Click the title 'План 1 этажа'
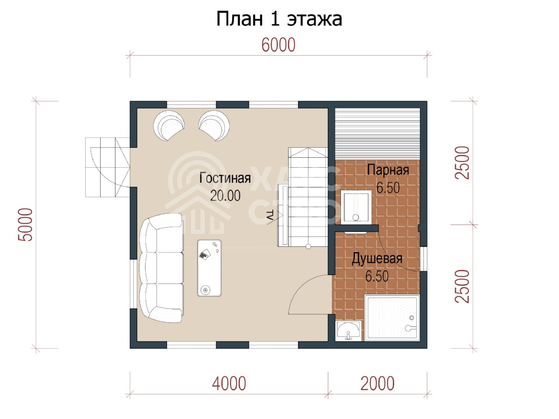tap(279, 19)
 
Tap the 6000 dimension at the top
tap(278, 45)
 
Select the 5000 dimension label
tap(25, 224)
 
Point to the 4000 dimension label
tap(229, 383)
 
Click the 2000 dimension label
tap(377, 383)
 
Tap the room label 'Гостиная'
tap(225, 178)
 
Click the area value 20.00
tap(225, 196)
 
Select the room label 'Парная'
tap(388, 170)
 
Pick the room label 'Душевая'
tap(377, 259)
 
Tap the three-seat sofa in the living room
tap(162, 268)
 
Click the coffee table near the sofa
tap(209, 268)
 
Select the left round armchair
tap(169, 125)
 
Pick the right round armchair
tap(214, 125)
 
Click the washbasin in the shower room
tap(349, 330)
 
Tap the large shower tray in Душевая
tap(392, 317)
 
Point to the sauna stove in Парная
tap(356, 207)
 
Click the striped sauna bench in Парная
tap(377, 134)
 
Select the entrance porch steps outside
tap(107, 167)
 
